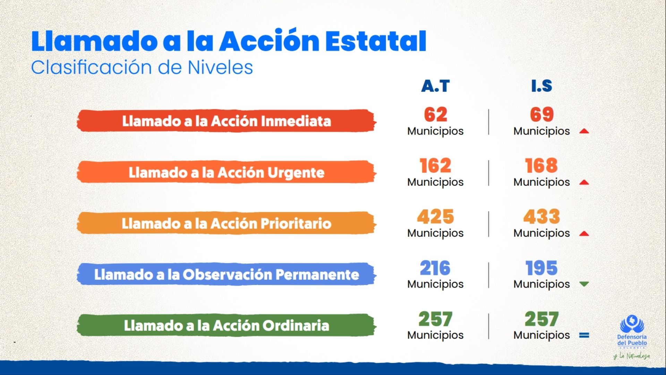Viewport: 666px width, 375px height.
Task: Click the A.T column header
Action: click(435, 86)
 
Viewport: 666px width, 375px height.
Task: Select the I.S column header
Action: click(541, 86)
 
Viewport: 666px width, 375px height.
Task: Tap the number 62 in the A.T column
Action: click(436, 115)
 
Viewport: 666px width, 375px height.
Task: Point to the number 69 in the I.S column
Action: click(542, 115)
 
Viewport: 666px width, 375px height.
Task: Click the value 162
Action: click(435, 166)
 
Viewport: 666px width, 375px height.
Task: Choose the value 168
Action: click(541, 166)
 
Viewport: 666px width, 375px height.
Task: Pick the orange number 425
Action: click(435, 217)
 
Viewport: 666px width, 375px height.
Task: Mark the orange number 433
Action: click(541, 217)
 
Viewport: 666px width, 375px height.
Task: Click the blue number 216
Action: click(435, 268)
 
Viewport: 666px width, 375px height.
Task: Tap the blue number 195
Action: click(541, 268)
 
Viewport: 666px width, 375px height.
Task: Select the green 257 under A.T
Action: click(435, 319)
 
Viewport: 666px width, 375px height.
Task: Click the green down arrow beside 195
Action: click(584, 284)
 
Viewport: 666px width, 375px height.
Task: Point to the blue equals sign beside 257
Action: click(584, 335)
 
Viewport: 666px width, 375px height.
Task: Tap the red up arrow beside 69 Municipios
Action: click(584, 131)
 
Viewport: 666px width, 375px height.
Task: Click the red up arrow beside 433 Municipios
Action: click(584, 233)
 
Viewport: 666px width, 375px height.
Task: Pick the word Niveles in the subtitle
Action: click(220, 67)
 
